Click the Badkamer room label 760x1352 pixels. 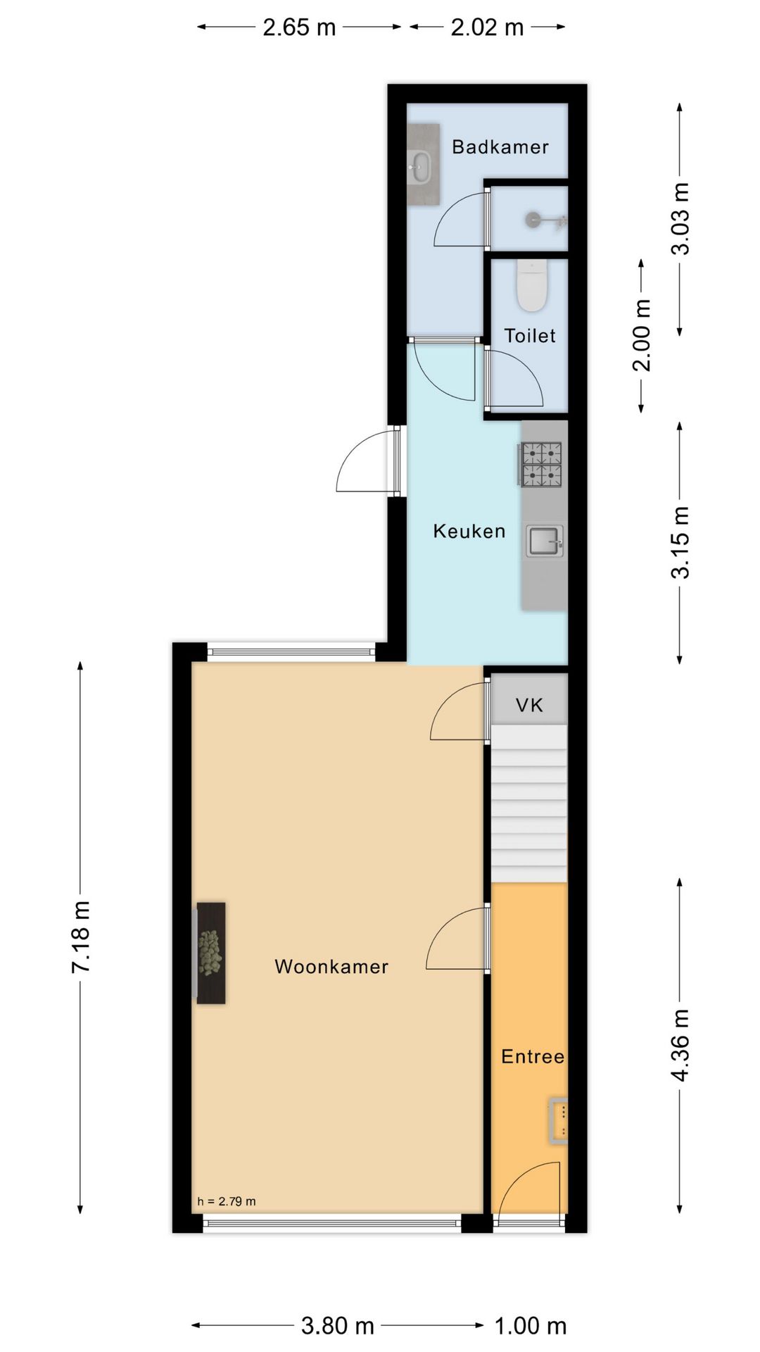tap(500, 147)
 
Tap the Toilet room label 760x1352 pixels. tap(529, 336)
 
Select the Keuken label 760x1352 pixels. tap(469, 531)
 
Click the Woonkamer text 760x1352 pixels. tap(331, 966)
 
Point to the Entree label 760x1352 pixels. tap(532, 1056)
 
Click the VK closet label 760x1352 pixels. tap(529, 705)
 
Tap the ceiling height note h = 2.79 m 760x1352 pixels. tap(226, 1201)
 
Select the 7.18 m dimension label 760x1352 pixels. tap(81, 937)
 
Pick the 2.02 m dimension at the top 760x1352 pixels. tap(487, 27)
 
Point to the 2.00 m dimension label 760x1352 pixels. tap(641, 334)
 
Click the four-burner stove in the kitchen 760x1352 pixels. tap(541, 464)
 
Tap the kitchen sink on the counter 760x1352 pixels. tap(545, 541)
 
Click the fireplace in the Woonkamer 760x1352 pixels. tap(210, 953)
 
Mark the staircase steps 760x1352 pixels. tap(528, 803)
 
